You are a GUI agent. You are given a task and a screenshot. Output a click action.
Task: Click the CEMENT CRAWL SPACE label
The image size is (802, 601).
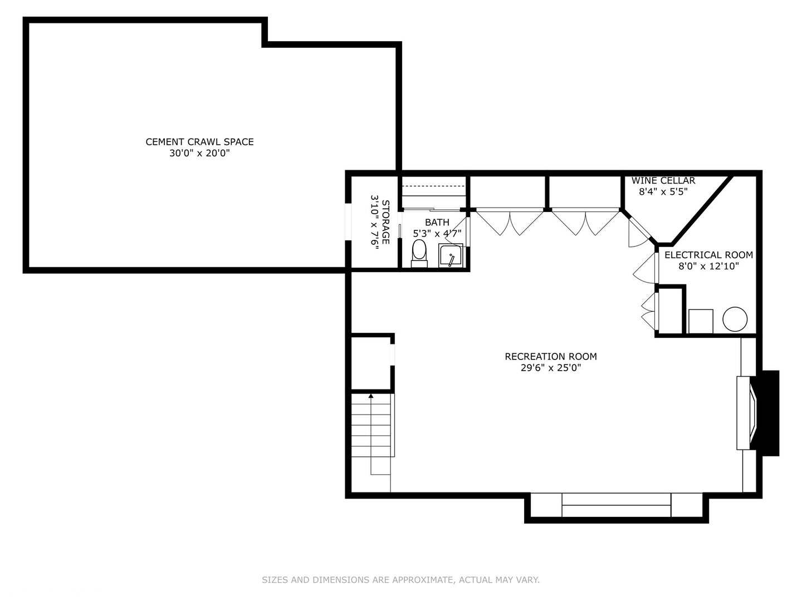199,142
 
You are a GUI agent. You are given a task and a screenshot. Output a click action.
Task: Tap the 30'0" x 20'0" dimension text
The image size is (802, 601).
199,154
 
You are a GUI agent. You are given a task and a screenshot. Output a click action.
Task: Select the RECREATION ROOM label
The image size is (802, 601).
550,357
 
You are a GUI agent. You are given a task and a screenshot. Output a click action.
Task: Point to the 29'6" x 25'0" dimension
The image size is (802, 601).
550,368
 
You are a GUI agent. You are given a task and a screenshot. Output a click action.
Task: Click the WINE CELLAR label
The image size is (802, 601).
663,181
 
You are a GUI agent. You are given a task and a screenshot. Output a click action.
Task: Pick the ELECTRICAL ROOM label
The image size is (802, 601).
708,255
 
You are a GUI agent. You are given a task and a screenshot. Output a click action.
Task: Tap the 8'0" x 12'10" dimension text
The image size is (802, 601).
708,267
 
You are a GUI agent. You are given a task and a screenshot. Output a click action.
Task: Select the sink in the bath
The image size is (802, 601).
451,256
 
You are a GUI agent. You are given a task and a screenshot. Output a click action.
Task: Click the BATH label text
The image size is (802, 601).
437,223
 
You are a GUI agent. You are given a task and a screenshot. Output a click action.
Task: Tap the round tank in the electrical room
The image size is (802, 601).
735,319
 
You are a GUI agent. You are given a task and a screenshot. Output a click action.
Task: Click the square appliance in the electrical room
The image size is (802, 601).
701,321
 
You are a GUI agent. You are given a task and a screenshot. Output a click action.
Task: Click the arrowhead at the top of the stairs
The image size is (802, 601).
371,396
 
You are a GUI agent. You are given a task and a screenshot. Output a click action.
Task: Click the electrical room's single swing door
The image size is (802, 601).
646,269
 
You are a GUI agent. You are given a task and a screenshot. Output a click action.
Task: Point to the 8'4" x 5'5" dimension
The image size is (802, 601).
663,192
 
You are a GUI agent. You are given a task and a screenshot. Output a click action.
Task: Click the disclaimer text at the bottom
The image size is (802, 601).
400,580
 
